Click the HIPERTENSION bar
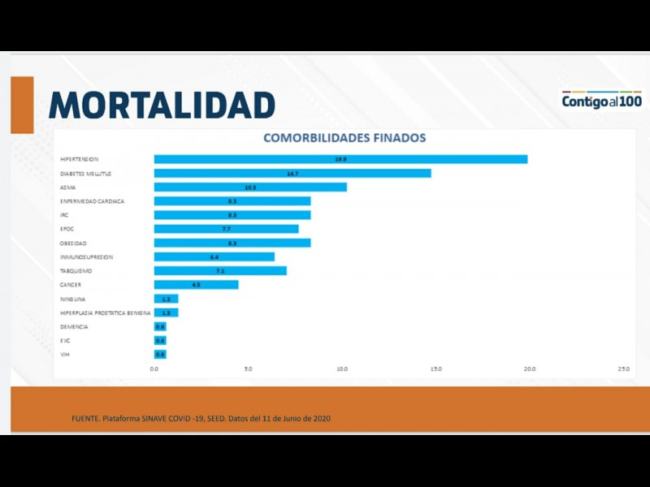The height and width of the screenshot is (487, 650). tap(340, 159)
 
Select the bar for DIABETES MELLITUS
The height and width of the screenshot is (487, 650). tap(292, 173)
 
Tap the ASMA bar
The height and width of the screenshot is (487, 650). tap(250, 187)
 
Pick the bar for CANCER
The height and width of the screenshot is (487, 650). tap(196, 285)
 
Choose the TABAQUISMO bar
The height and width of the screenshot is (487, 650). tap(220, 270)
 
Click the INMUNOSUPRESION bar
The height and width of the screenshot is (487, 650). tap(214, 256)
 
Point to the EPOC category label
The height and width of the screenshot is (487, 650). tap(67, 229)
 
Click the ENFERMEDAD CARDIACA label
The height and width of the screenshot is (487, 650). tap(93, 200)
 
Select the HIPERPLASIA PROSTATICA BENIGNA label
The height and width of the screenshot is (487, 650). tap(106, 312)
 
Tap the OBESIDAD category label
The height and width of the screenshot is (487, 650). tap(74, 243)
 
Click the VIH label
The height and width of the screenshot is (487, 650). tap(65, 355)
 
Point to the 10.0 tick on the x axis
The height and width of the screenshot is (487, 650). tap(342, 369)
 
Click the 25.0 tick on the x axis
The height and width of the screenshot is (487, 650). tap(624, 369)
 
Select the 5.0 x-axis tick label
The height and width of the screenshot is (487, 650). tap(248, 369)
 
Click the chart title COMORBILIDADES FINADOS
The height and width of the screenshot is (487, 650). tap(344, 138)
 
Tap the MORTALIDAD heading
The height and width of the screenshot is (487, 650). tap(162, 105)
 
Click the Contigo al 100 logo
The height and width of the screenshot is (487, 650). tap(601, 101)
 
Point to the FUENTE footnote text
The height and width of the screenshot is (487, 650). tap(201, 418)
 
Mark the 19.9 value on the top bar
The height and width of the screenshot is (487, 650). tap(341, 159)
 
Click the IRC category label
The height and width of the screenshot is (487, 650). tap(64, 215)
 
